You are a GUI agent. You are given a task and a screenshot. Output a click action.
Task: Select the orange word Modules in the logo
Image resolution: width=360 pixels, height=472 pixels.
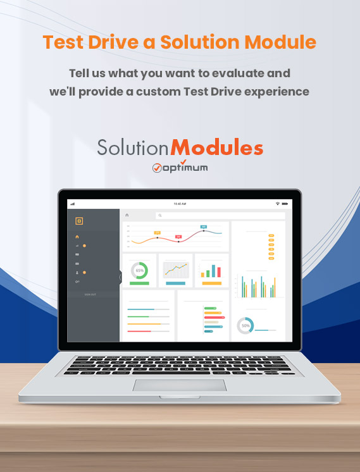point(217,148)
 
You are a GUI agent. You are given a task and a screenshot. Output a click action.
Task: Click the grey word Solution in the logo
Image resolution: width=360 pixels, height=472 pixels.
point(133,148)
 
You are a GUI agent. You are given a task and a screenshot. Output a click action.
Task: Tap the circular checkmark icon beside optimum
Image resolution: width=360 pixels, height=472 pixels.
point(158,168)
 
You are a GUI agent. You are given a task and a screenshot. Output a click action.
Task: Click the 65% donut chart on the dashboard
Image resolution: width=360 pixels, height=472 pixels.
point(139,270)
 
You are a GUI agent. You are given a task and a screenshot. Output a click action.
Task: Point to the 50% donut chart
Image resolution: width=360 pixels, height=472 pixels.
point(245,325)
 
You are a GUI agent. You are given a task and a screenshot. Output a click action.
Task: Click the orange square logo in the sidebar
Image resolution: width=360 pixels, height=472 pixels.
point(79,221)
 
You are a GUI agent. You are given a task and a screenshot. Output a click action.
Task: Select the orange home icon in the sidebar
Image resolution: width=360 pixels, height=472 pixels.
point(77,237)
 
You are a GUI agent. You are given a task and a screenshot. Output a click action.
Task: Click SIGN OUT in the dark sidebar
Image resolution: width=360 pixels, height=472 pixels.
point(90,294)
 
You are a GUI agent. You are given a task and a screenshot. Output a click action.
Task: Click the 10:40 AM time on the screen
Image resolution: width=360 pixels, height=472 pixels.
point(180,204)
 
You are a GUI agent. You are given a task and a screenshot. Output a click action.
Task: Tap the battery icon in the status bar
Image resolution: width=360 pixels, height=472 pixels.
point(285,204)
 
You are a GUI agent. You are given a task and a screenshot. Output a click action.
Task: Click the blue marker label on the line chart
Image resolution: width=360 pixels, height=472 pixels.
point(204,227)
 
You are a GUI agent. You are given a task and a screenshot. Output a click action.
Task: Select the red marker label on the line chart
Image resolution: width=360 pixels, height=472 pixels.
point(178,237)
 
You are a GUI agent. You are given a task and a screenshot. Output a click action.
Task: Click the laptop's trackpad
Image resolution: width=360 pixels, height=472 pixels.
point(180,386)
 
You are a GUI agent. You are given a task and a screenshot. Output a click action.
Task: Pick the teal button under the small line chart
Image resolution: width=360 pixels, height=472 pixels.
point(175,283)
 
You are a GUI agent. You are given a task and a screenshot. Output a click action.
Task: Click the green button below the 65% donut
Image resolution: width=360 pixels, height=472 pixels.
point(139,283)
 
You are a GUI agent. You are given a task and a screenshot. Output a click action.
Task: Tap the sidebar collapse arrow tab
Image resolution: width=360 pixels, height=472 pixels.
point(121,276)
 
